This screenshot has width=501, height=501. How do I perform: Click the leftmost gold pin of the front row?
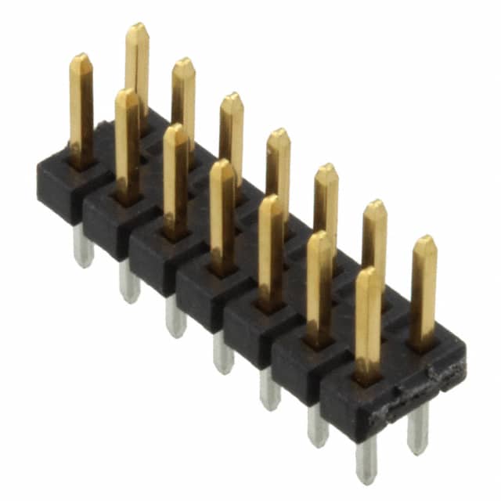pyautogui.click(x=81, y=110)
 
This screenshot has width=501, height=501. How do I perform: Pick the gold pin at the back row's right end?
pyautogui.click(x=424, y=290)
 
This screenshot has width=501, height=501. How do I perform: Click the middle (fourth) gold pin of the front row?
pyautogui.click(x=222, y=215)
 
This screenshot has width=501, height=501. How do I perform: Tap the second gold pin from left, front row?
pyautogui.click(x=127, y=145)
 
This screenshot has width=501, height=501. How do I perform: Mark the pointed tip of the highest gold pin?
pyautogui.click(x=137, y=27)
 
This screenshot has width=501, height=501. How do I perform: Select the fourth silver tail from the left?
pyautogui.click(x=223, y=353)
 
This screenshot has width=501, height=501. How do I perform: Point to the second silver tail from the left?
pyautogui.click(x=129, y=283)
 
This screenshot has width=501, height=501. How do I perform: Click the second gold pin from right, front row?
pyautogui.click(x=319, y=286)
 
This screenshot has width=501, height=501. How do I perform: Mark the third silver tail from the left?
pyautogui.click(x=176, y=316)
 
